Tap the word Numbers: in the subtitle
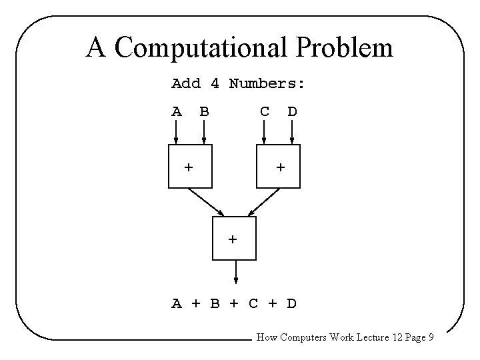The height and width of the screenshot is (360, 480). (x=267, y=84)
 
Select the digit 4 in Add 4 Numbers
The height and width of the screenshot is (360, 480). (x=215, y=84)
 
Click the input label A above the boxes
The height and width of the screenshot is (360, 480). (x=177, y=111)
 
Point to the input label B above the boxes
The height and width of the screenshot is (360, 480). (x=204, y=111)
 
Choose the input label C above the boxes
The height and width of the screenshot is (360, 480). (x=265, y=111)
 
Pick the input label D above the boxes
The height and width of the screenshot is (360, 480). (x=292, y=111)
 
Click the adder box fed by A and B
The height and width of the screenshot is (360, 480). (x=190, y=167)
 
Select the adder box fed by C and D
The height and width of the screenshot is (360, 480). (x=279, y=167)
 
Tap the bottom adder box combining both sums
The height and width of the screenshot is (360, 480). (x=234, y=237)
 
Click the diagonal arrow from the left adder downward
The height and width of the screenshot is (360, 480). (x=207, y=203)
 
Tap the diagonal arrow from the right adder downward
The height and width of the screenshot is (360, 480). (x=261, y=203)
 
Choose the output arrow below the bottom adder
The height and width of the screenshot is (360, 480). (x=235, y=272)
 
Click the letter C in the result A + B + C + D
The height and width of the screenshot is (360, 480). (x=253, y=304)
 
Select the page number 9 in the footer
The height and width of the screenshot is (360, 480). (x=431, y=338)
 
